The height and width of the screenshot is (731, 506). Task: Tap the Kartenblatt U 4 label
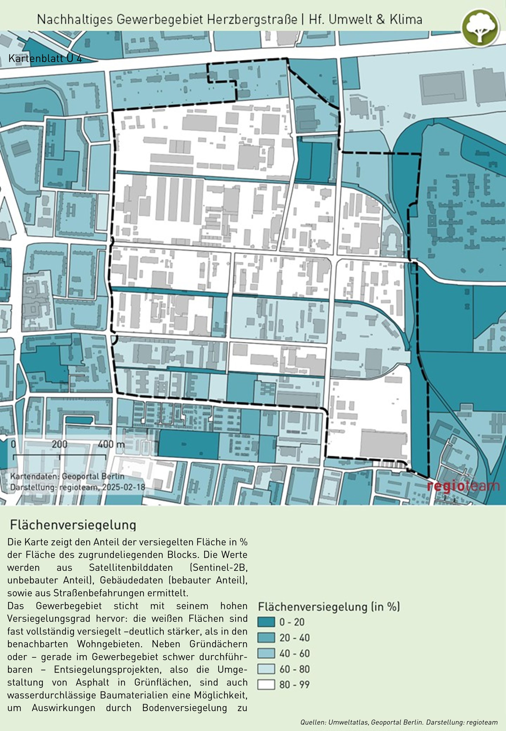click(x=45, y=59)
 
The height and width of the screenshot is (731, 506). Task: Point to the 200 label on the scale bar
click(x=60, y=444)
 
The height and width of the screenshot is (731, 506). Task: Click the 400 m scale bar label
click(x=111, y=444)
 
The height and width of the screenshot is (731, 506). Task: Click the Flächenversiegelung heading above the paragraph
click(x=73, y=525)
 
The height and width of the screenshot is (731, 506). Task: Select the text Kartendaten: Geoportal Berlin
click(x=67, y=476)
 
